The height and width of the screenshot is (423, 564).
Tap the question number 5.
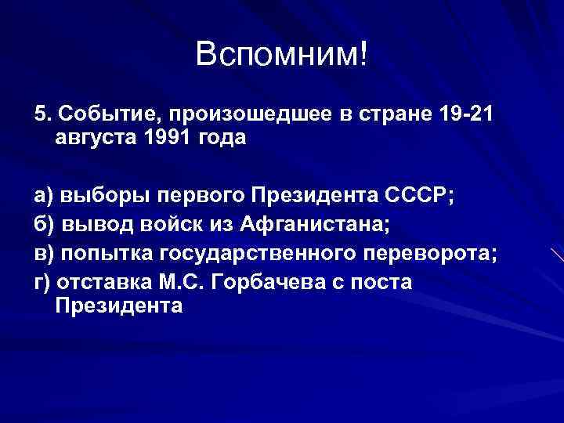click(41, 114)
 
